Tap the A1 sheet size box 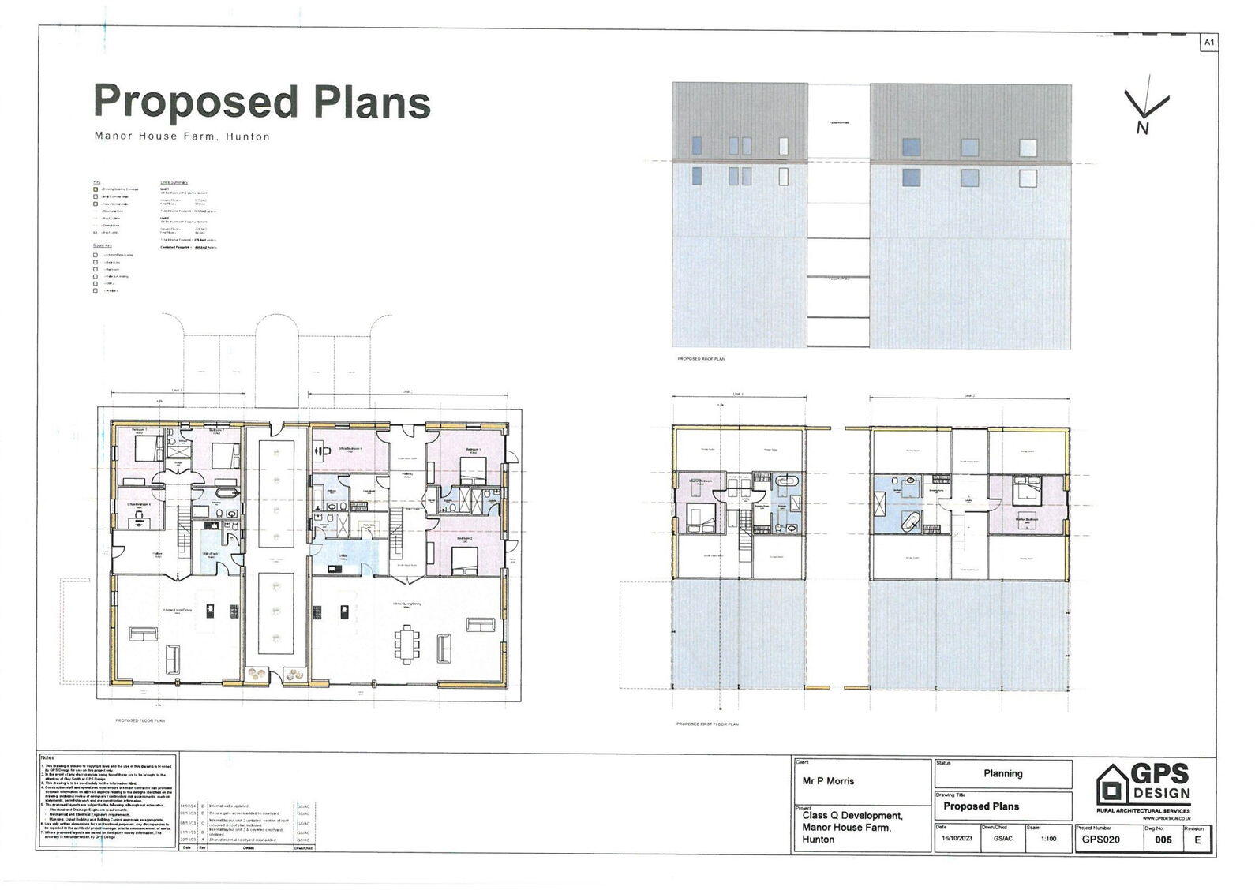[x=1208, y=43]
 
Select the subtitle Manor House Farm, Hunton [x=182, y=136]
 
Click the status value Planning [x=1002, y=774]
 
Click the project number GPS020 [x=1100, y=840]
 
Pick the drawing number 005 [x=1163, y=840]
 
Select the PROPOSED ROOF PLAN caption [x=701, y=359]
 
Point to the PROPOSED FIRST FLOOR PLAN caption [x=707, y=724]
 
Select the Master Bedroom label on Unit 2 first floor [x=1025, y=518]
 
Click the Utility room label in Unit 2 [x=344, y=555]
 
